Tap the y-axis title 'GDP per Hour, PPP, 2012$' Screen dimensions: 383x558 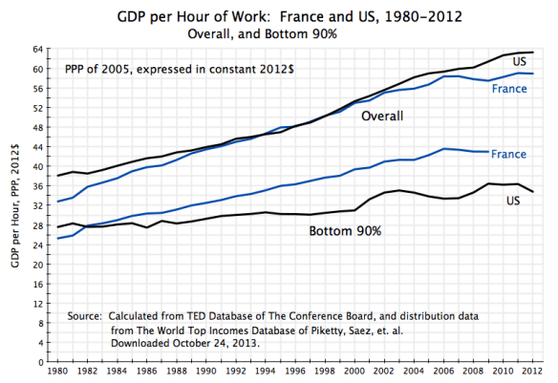pos(12,205)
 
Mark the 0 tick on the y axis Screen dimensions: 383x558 pos(42,364)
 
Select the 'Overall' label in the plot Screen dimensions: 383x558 pos(381,117)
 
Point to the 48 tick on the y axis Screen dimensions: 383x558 pos(39,128)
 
